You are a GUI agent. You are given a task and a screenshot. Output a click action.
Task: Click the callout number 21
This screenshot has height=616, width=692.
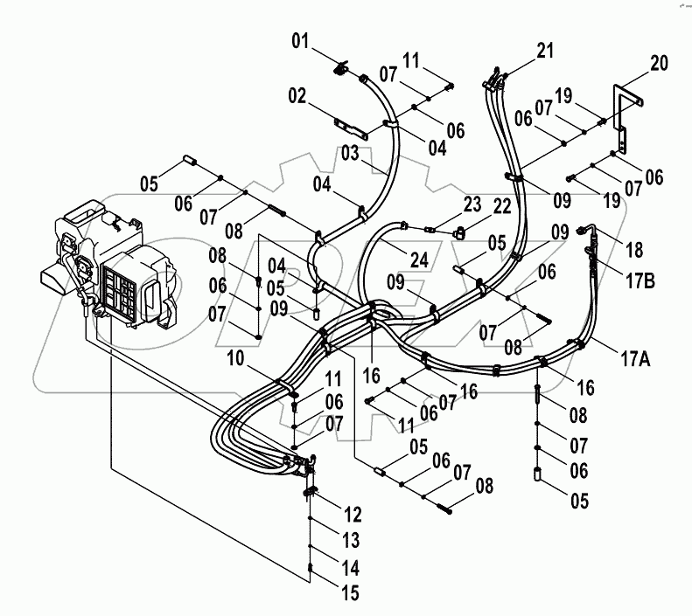(x=545, y=51)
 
